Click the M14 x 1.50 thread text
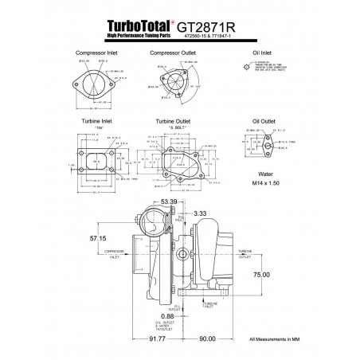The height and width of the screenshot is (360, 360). pyautogui.click(x=263, y=182)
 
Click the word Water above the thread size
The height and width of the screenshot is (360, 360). pyautogui.click(x=263, y=172)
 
